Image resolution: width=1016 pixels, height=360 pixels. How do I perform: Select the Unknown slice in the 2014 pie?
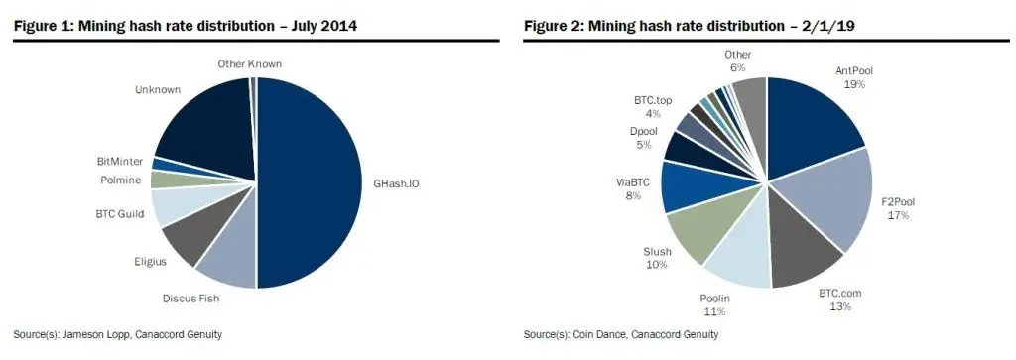[208, 124]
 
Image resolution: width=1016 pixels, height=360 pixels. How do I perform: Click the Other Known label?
[249, 63]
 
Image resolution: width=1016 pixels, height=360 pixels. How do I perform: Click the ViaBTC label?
[632, 180]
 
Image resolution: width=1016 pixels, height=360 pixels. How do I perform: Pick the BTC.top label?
[653, 100]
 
